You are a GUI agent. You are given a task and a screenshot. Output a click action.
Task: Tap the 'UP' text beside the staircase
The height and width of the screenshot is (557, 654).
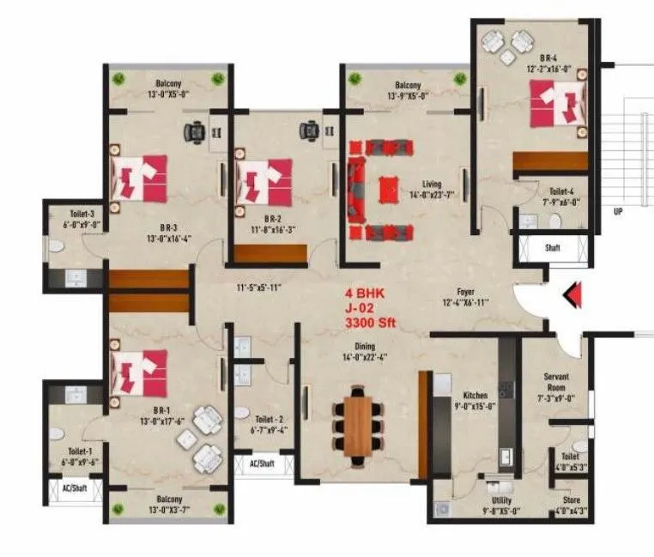click(617, 210)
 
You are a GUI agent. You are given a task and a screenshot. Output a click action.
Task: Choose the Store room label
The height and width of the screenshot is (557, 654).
click(571, 499)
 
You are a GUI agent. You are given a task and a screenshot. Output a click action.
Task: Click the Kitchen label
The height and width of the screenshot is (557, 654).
click(475, 396)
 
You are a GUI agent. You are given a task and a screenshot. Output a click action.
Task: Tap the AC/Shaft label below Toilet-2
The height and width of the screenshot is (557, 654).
click(261, 463)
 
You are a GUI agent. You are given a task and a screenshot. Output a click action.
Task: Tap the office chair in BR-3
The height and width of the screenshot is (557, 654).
click(196, 131)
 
